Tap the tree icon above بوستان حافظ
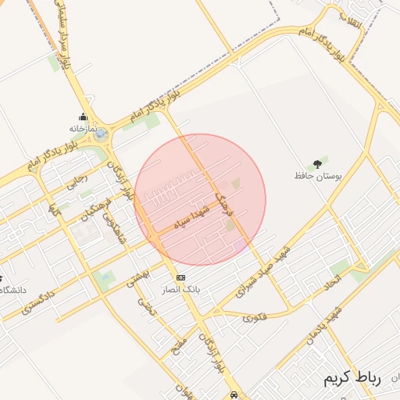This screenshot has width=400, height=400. (316, 164)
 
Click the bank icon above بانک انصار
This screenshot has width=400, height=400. (180, 277)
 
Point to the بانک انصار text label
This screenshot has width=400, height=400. (180, 289)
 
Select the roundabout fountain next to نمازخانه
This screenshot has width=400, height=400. (102, 135)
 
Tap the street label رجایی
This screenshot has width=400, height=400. (79, 179)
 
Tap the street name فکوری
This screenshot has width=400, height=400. (254, 317)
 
